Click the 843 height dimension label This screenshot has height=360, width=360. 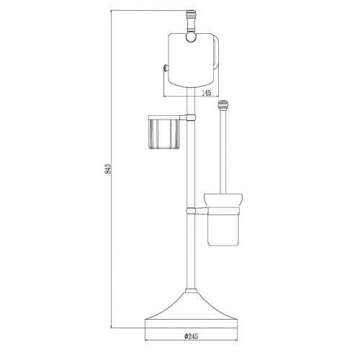click(x=108, y=168)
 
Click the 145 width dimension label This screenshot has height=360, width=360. click(x=206, y=93)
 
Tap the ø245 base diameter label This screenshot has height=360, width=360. click(x=192, y=336)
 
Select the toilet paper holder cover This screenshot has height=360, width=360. click(x=191, y=60)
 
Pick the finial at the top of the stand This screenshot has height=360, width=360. click(x=191, y=21)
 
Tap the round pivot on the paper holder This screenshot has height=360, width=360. click(x=191, y=37)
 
